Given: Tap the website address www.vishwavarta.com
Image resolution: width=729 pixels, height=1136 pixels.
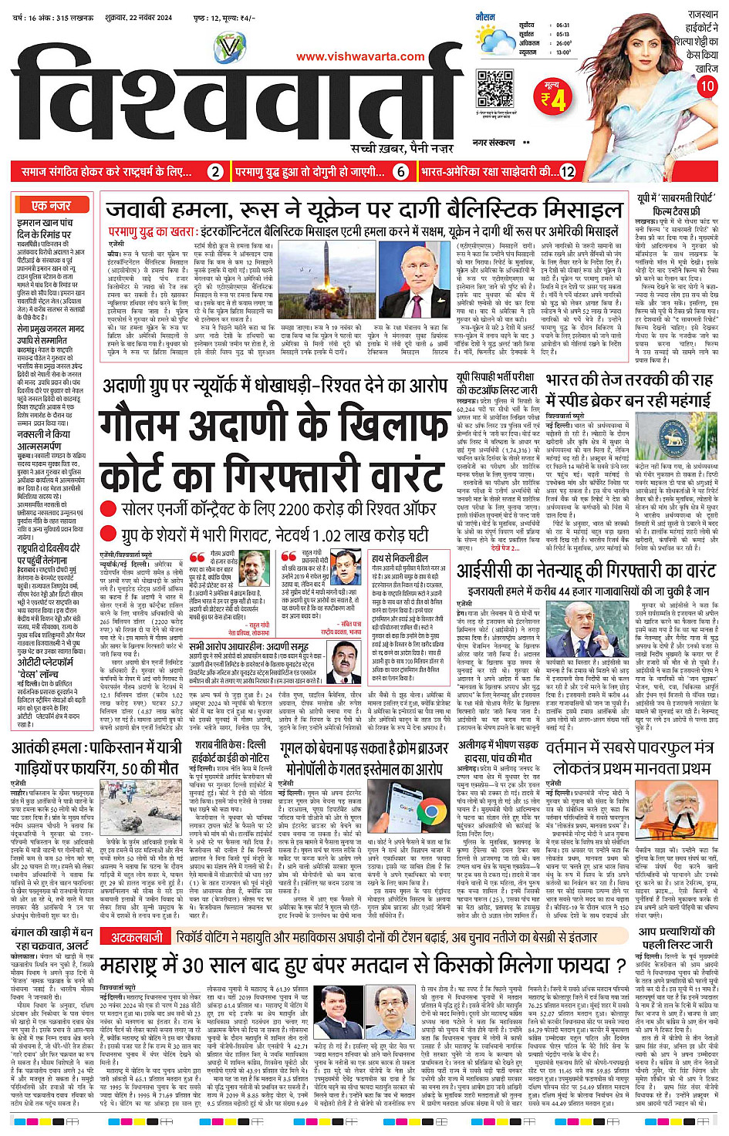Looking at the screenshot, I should pos(360,56).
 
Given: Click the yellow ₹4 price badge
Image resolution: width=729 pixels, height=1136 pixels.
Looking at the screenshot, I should pos(552,96).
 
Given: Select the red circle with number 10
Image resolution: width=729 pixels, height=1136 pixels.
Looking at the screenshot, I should pos(707,86).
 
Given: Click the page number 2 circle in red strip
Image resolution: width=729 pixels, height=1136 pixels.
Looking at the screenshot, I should pos(215,172).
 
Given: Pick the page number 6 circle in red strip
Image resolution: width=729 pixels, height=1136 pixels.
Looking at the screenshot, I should pos(401,172).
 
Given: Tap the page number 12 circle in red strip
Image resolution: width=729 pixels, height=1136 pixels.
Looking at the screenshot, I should pos(568,172).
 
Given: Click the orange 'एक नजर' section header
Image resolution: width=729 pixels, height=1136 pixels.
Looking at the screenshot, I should pos(52,206).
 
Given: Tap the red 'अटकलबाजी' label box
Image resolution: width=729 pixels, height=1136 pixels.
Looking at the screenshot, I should pos(137,937).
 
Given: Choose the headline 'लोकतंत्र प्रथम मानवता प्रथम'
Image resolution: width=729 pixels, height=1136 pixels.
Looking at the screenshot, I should pos(631,768).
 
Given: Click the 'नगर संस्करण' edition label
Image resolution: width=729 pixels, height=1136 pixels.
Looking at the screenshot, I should pos(494,143).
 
